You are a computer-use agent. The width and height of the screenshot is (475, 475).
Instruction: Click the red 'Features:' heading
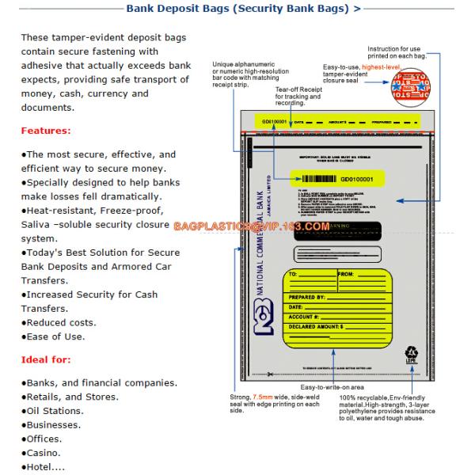(x=46, y=131)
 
